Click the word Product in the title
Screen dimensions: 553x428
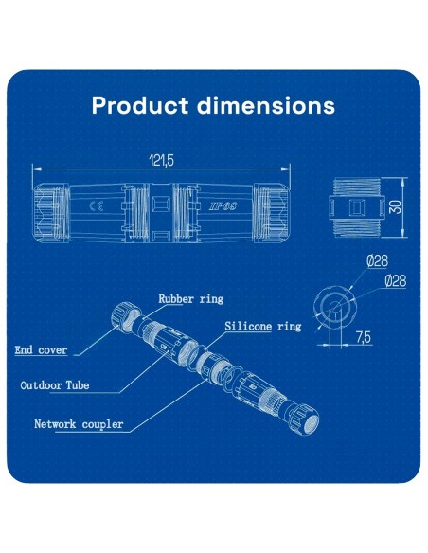tap(135, 104)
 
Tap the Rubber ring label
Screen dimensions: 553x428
tap(190, 298)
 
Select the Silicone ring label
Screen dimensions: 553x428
tap(262, 326)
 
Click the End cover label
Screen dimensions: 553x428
tap(41, 350)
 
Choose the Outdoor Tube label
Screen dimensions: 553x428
tap(61, 385)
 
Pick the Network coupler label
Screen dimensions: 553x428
tap(79, 424)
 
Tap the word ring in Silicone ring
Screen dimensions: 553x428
tap(288, 326)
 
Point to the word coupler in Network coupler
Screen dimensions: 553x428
tap(103, 424)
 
